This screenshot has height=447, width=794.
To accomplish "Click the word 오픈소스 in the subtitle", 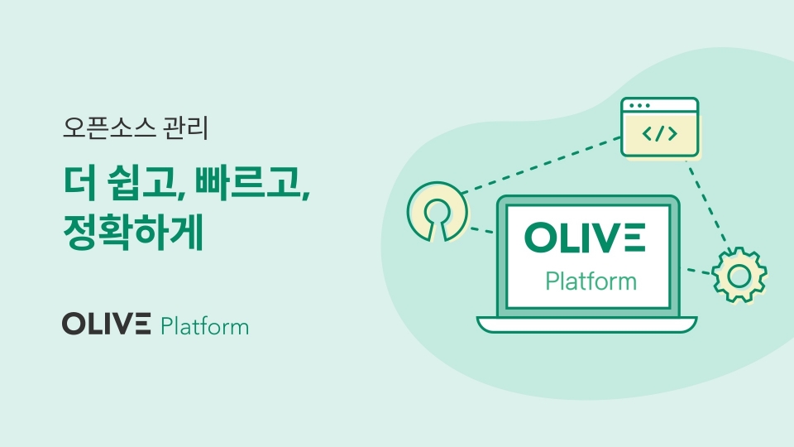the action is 109,127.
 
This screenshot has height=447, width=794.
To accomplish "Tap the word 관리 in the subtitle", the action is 186,127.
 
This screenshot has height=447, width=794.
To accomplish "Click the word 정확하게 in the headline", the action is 133,233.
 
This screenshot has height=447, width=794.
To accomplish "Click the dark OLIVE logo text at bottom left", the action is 107,324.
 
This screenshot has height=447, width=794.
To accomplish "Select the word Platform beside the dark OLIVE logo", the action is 204,326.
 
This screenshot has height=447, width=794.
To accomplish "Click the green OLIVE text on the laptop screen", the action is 585,238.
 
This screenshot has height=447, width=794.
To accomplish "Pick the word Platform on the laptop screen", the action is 591,281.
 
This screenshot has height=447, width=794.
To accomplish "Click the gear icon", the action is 739,276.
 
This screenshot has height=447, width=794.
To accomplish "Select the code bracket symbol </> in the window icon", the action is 660,134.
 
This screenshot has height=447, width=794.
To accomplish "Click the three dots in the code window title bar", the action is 639,105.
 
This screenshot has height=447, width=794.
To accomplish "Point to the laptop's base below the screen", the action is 587,324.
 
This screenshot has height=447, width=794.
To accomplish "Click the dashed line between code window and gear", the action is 707,204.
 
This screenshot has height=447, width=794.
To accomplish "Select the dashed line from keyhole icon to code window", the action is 541,165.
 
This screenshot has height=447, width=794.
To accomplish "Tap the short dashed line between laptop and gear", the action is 699,272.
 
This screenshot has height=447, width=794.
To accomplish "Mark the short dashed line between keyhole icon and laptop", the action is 481,230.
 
